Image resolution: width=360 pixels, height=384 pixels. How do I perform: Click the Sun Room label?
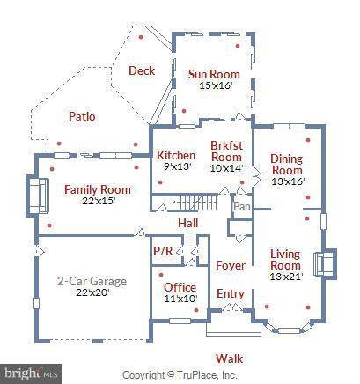point(213,74)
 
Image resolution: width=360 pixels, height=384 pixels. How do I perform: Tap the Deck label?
point(142,71)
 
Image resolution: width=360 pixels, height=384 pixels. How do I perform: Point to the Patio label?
point(83,116)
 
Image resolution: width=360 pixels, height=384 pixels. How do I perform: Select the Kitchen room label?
point(176,155)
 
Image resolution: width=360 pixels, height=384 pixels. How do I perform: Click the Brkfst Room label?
point(225,150)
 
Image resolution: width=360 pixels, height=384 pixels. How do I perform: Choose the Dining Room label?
point(286,164)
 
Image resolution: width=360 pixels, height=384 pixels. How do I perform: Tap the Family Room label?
point(98,189)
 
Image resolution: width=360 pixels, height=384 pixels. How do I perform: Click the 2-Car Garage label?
point(92,281)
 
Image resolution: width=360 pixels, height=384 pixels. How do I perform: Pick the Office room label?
point(180,286)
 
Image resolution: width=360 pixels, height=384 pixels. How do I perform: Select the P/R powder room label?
point(163,251)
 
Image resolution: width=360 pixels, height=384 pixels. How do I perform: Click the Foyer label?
point(230,265)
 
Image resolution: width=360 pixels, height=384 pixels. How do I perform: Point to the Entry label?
point(231,293)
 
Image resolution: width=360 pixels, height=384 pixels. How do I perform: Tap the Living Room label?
point(284,259)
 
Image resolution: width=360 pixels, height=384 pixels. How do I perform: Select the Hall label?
point(188,224)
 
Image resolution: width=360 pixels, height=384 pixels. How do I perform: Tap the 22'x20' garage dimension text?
point(92,293)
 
